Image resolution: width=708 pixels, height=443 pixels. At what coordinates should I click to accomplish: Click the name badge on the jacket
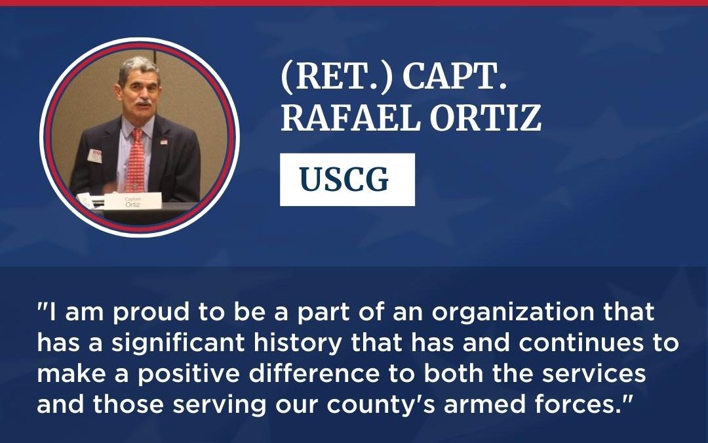(96, 156)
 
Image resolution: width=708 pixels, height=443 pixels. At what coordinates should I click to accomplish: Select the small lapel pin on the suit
(164, 141)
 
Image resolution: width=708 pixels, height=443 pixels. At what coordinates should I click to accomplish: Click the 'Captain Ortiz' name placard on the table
(133, 200)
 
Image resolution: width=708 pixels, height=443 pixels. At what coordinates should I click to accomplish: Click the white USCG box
(347, 180)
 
